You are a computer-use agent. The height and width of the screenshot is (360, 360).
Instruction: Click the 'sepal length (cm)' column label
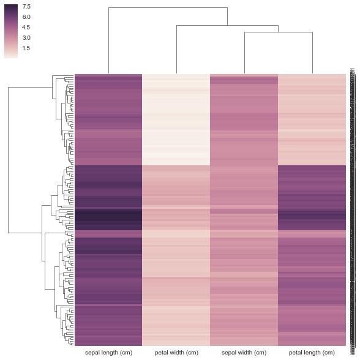coord(108,353)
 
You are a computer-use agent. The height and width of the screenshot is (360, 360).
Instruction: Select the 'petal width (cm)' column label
coord(176,353)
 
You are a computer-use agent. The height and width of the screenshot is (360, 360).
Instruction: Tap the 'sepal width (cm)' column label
coord(244,353)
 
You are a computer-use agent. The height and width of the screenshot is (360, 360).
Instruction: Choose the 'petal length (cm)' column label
coord(312,353)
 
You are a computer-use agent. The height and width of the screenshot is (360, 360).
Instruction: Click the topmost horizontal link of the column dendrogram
coord(168,7)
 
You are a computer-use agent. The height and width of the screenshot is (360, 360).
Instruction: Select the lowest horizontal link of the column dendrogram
coord(279,32)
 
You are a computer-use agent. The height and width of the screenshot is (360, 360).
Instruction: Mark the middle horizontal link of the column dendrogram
coord(227,25)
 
